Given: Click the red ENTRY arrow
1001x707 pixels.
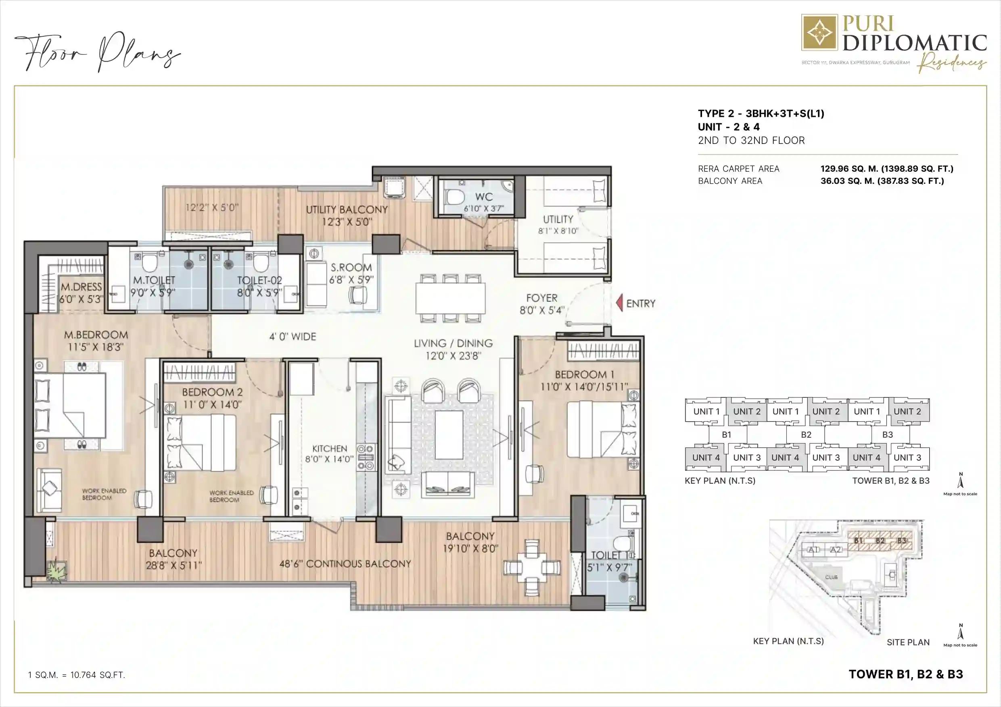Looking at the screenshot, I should tap(619, 303).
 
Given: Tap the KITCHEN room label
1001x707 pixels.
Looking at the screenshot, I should tap(330, 449).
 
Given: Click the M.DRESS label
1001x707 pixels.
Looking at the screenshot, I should tap(81, 287).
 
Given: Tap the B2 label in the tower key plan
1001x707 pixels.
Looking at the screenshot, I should tap(806, 435).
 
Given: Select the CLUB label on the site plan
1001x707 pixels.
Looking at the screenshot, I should tap(831, 577).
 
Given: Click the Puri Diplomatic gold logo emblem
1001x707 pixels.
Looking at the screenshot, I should tap(819, 33).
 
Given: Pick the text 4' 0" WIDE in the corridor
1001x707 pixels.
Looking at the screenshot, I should tap(293, 337).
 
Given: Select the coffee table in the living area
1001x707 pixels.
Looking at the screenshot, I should tap(449, 435).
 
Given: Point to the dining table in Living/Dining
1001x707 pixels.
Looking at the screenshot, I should tap(450, 298).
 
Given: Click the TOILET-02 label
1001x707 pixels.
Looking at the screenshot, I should tap(259, 281).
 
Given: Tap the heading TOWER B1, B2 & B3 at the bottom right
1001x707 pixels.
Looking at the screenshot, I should tap(905, 674).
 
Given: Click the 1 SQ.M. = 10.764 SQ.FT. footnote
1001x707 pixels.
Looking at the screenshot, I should tap(76, 675).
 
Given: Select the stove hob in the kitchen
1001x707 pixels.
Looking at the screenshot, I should tap(366, 457).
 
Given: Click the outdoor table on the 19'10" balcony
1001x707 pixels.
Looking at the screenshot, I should tap(531, 568).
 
